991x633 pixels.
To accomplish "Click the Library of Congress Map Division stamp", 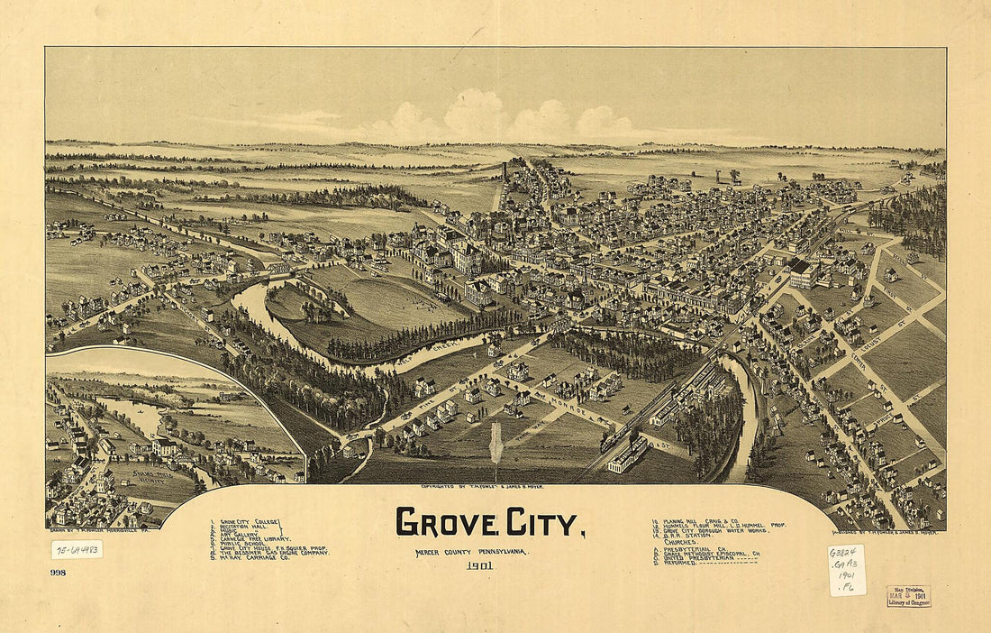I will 908,596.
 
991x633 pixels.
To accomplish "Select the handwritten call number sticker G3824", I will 846,570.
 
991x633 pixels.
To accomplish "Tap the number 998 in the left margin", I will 59,572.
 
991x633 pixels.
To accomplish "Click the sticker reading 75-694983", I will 77,549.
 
